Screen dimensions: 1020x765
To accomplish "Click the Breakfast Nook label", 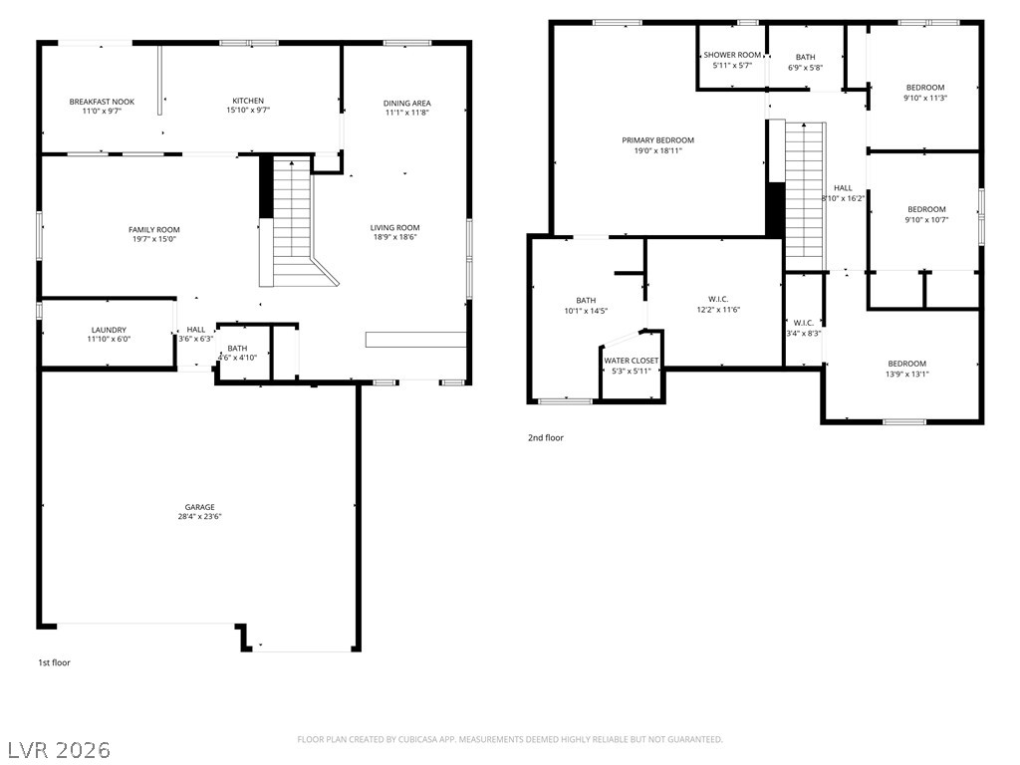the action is (x=103, y=102).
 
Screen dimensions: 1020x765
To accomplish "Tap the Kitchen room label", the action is (x=248, y=101).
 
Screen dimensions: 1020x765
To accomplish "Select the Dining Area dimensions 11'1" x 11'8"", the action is (x=407, y=113).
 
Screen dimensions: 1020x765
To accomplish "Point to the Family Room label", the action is (x=154, y=230).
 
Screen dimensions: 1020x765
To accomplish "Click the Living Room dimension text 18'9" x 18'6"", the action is (x=394, y=237).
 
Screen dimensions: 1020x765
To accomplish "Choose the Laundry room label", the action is (x=109, y=330).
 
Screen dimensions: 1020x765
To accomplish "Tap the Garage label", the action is (x=199, y=507).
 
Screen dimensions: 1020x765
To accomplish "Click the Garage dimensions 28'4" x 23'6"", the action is (x=199, y=517).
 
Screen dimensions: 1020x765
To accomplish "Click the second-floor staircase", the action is (x=805, y=195).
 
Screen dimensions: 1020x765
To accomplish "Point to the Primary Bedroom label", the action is (x=657, y=140).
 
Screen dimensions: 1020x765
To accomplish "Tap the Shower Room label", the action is (x=732, y=56).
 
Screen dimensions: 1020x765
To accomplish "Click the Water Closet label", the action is (x=631, y=361).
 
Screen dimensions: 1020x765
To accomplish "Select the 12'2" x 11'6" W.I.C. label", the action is (x=718, y=305).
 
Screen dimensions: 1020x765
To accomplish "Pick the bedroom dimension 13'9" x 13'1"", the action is (x=906, y=375).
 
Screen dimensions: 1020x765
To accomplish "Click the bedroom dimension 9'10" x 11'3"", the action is (x=925, y=99).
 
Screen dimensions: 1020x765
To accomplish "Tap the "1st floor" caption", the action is (x=54, y=662).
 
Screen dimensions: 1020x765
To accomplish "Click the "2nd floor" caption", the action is (x=546, y=438).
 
